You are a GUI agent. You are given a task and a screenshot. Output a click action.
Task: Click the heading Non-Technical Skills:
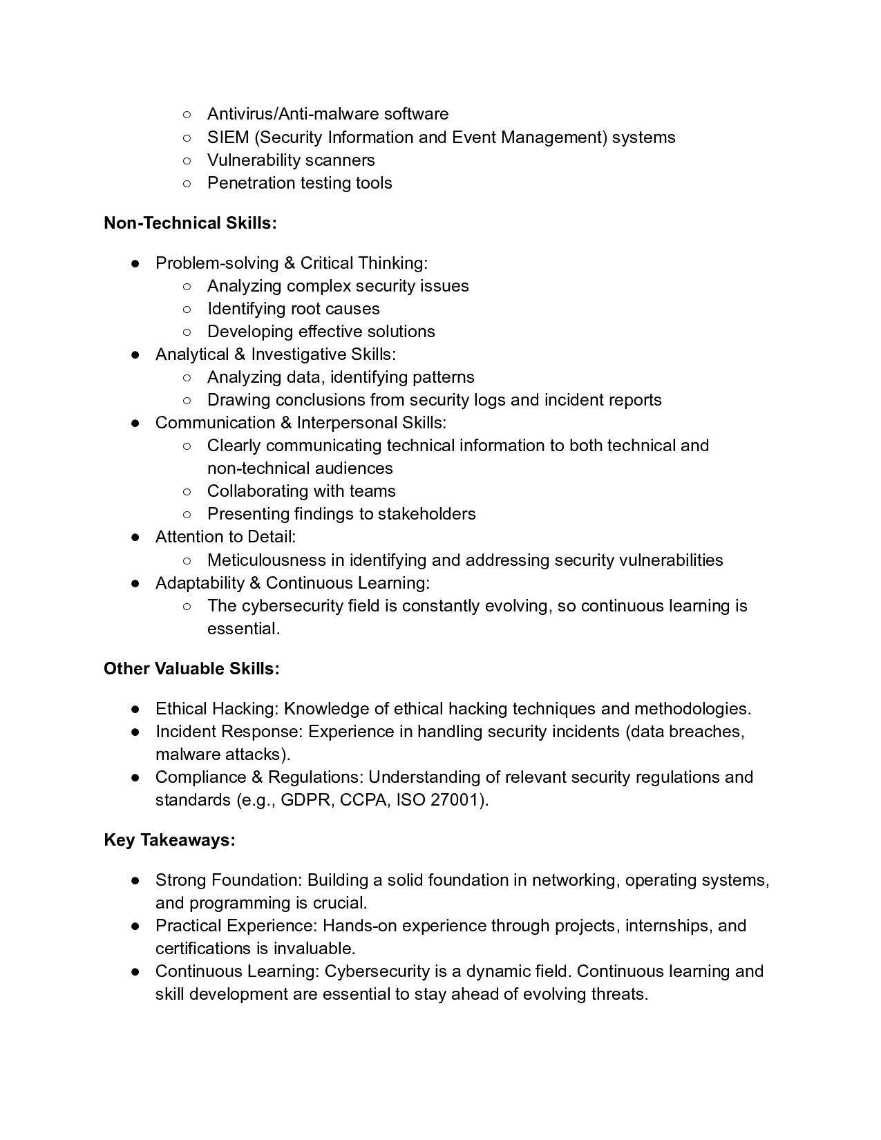point(190,223)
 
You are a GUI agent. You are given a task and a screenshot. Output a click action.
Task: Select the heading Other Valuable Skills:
point(191,669)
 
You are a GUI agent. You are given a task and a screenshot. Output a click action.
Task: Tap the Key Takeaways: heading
point(169,840)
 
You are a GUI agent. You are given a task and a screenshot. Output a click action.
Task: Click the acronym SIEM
point(228,137)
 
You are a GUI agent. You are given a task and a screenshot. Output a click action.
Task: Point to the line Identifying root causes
point(293,309)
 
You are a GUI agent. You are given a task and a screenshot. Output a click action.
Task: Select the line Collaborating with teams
point(301,491)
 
